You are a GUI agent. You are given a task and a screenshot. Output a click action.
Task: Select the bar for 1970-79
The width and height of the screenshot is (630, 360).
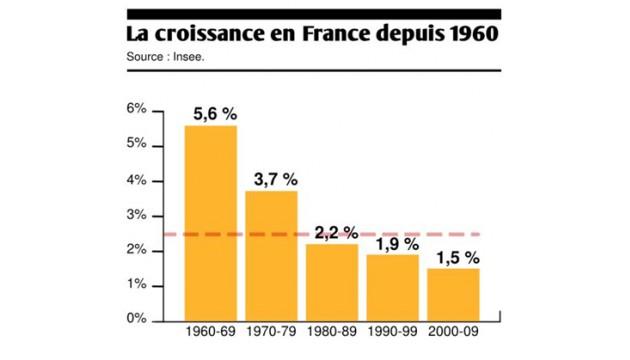272,255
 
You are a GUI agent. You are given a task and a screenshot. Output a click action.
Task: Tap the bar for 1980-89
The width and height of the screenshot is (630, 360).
332,281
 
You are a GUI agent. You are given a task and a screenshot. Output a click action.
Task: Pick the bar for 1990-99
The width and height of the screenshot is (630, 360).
392,287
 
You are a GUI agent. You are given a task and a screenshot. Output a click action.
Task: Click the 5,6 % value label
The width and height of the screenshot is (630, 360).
212,114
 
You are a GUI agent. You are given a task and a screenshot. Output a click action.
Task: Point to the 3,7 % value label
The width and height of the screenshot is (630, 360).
273,179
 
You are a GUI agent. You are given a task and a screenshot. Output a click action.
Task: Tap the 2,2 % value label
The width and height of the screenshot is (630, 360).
335,232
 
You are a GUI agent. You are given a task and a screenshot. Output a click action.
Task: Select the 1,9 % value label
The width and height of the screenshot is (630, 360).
395,243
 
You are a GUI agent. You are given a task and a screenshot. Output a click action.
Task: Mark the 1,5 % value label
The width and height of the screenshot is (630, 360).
456,257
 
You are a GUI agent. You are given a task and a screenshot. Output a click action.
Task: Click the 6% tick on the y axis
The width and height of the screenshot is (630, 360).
137,109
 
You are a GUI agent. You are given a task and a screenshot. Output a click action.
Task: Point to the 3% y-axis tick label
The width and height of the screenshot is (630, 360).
137,215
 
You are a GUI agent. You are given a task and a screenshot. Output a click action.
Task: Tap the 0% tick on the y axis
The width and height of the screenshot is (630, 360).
137,320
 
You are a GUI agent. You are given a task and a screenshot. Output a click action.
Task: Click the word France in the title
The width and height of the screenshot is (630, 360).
307,33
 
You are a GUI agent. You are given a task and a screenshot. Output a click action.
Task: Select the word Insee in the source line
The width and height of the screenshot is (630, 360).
200,57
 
